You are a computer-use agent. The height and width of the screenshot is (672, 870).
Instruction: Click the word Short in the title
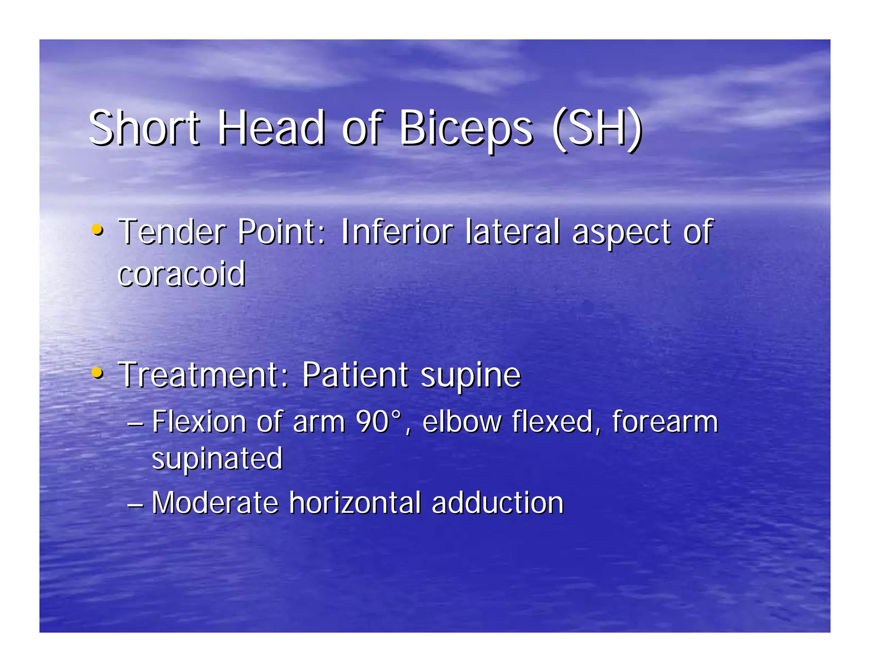coord(144,128)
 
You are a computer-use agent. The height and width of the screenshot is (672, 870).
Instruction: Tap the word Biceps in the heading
coord(466,128)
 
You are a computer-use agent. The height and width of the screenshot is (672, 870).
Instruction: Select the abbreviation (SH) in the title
coord(597,128)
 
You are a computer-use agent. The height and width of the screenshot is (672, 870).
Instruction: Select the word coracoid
coord(181,274)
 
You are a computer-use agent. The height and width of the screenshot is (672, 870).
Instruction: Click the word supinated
coord(217,459)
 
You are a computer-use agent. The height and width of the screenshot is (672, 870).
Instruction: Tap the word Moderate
coord(215,503)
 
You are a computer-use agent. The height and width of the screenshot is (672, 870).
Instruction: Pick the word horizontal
coord(355,503)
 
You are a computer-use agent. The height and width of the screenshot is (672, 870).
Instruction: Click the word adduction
coord(497,503)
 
